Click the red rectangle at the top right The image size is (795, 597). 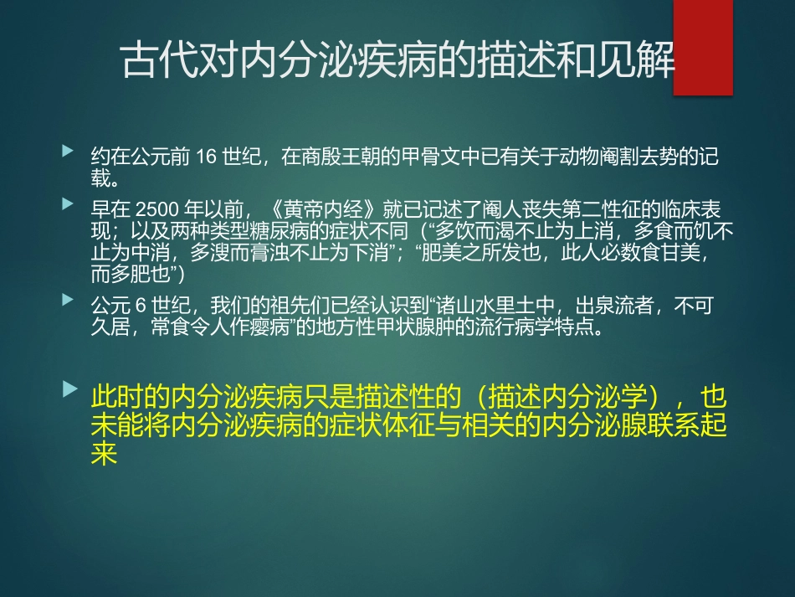pos(703,47)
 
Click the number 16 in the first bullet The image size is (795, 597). pos(205,158)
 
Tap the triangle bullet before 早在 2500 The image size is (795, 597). pos(68,203)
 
